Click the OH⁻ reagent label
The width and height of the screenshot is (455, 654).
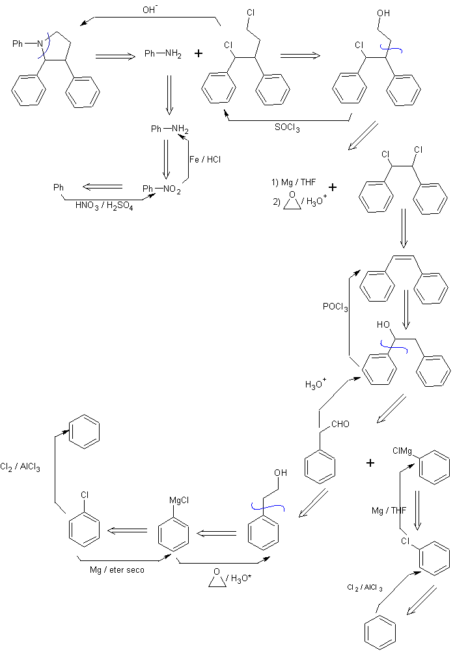pos(150,10)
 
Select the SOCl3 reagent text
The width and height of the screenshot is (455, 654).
pos(287,127)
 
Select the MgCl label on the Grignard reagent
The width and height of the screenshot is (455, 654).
pos(178,500)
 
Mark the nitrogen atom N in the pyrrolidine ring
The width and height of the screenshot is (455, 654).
pos(40,44)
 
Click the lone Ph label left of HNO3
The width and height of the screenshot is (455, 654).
pos(59,188)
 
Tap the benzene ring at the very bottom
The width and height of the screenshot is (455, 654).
pos(378,633)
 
